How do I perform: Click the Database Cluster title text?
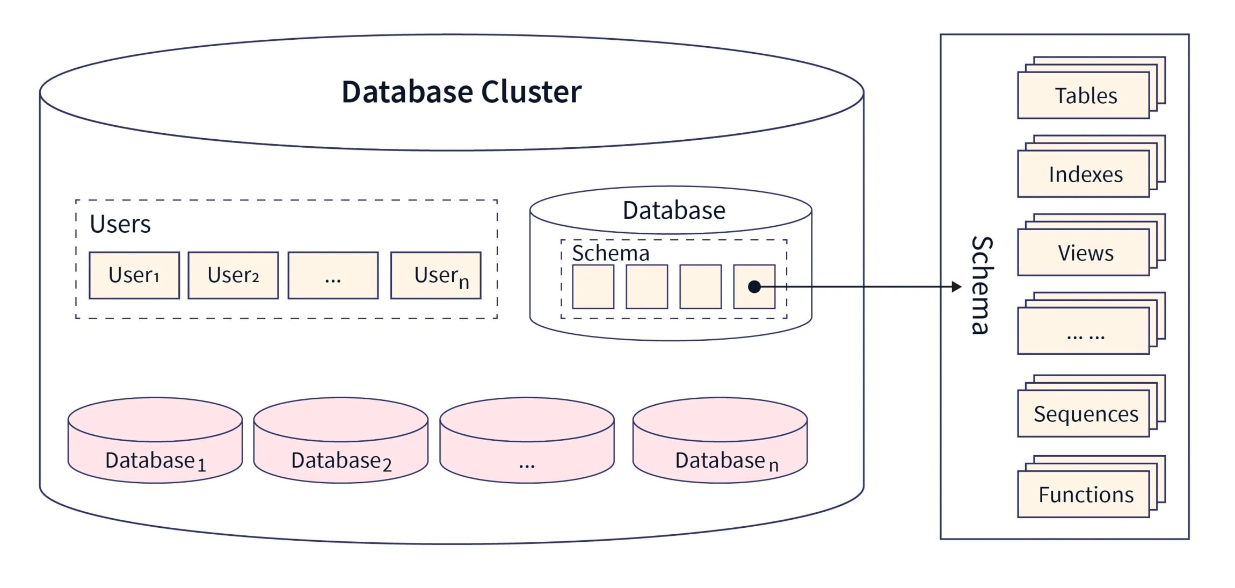pos(461,91)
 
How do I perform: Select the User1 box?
pos(134,275)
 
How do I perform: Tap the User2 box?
pos(233,275)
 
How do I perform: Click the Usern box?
pos(435,275)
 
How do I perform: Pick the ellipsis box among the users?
pos(333,275)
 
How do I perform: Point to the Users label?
pos(120,224)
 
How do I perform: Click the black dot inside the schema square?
pos(754,286)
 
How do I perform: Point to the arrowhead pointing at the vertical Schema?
pos(956,286)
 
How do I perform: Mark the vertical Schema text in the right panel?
pos(982,285)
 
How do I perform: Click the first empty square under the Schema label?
pos(593,286)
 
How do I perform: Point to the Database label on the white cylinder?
pos(673,210)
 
